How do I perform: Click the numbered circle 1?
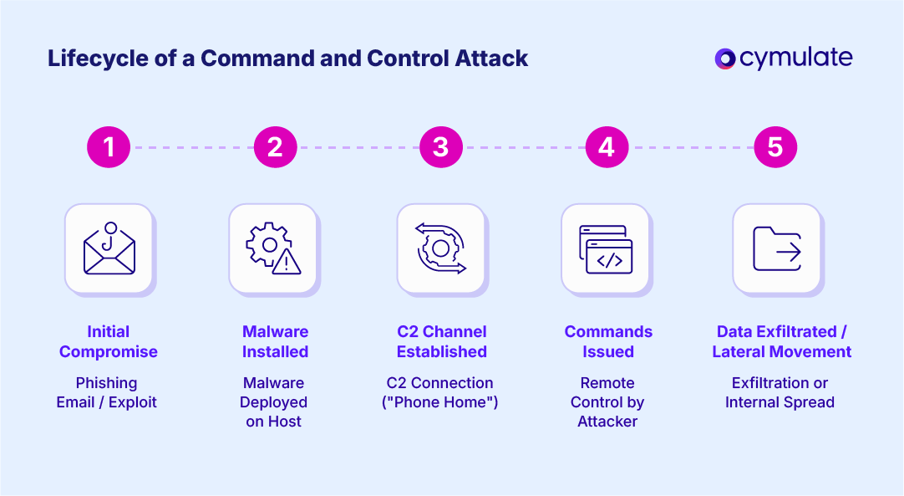pos(109,147)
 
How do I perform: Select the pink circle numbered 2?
pos(275,147)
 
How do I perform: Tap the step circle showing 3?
pos(441,147)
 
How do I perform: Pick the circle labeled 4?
pos(607,147)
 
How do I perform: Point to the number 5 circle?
pos(774,147)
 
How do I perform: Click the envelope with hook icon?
pos(109,248)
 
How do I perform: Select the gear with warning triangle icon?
pos(273,248)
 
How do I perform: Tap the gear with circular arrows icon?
pos(440,248)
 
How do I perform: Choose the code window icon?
pos(606,248)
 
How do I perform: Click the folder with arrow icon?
pos(777,248)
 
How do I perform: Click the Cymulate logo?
pos(783,58)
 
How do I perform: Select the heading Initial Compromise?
pos(109,341)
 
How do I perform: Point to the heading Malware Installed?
pos(275,341)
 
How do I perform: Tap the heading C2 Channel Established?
pos(441,341)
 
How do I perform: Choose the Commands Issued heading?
pos(608,341)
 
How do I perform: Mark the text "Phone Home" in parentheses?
pos(442,402)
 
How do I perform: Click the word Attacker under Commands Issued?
pos(607,422)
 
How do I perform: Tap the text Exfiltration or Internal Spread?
pos(780,392)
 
